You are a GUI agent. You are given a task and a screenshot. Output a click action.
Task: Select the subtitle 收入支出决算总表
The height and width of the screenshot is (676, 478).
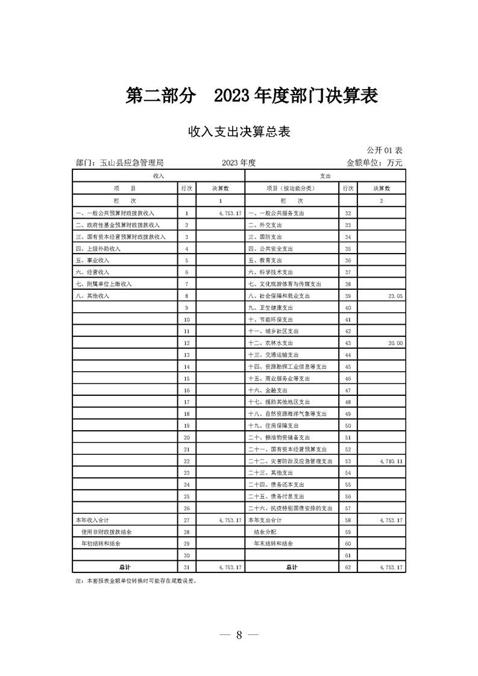tap(239, 132)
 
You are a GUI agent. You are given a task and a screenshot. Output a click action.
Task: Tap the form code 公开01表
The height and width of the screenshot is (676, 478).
tap(384, 149)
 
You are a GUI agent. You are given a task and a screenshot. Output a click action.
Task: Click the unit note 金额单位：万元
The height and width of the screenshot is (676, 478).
tap(374, 163)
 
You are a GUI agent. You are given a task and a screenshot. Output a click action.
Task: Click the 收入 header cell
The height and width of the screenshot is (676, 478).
tap(159, 175)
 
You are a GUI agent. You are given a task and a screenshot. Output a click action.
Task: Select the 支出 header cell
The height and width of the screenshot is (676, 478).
tap(325, 175)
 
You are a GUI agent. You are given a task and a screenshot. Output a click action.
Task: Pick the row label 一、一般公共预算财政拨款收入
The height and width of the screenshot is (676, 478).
tap(115, 213)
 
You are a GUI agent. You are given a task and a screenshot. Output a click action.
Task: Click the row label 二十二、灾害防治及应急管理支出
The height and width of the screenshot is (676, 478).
tap(291, 461)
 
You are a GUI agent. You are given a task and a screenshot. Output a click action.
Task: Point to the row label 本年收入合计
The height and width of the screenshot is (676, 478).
tap(91, 519)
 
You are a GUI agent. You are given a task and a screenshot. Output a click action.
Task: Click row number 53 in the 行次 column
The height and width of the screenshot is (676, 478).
tap(348, 461)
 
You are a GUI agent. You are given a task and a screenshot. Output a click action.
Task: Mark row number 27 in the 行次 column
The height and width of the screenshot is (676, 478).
tap(187, 519)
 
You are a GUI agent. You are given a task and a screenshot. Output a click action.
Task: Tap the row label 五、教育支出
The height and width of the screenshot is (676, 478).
tap(265, 260)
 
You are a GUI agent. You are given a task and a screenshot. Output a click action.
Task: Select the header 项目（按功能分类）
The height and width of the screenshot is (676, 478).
tap(291, 188)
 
